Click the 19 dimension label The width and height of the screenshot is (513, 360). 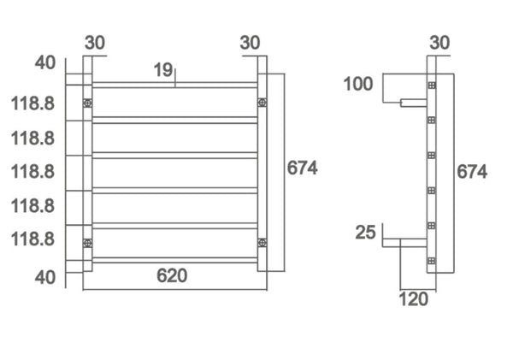point(164,71)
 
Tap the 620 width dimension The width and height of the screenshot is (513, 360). point(172,275)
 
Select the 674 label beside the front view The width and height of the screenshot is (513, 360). point(302,168)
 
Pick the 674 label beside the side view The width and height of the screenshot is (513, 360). point(472,171)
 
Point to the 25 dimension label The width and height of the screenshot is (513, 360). point(365,232)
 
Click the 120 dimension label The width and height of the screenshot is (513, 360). point(415,298)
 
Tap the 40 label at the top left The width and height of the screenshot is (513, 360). point(44,63)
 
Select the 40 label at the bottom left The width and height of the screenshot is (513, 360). point(44,277)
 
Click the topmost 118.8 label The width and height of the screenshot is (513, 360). point(33,103)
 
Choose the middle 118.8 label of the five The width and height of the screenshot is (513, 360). point(33,171)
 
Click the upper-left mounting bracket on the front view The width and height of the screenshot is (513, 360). point(87,103)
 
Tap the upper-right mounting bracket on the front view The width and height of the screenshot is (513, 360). point(262,103)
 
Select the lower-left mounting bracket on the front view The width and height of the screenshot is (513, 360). point(87,243)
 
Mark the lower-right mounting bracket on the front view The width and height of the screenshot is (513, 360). point(262,243)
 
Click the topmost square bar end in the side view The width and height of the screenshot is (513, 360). point(432,85)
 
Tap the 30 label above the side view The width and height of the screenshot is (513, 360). point(439,42)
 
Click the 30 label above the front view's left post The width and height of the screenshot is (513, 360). point(95,42)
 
